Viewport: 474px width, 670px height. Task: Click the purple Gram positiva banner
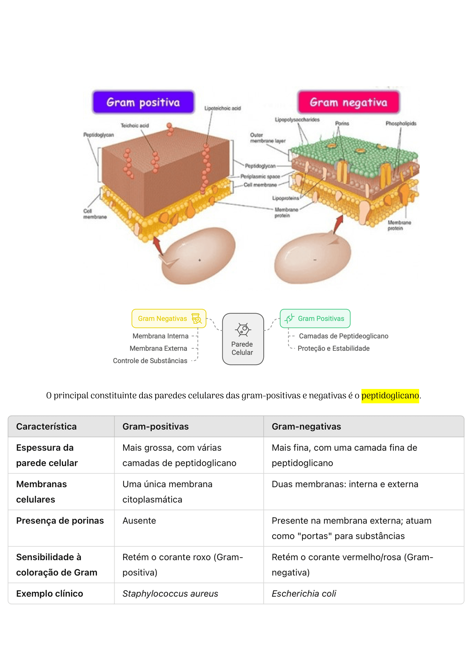click(x=143, y=102)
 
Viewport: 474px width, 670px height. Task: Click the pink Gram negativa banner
click(x=348, y=102)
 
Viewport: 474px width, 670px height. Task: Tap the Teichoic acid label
click(x=135, y=126)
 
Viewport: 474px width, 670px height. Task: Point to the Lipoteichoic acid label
click(x=222, y=108)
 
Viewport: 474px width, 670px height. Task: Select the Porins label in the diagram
click(x=342, y=123)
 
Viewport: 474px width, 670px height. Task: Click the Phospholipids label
click(x=401, y=123)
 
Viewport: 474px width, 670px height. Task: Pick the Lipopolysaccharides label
click(x=297, y=120)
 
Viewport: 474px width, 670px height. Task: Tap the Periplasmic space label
click(x=260, y=177)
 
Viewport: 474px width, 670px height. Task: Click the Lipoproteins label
click(x=285, y=198)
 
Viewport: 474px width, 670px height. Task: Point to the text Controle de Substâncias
click(x=150, y=361)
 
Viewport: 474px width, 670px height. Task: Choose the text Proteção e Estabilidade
click(x=334, y=348)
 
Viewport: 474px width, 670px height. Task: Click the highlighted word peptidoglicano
click(x=390, y=396)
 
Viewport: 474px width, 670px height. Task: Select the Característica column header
click(x=46, y=427)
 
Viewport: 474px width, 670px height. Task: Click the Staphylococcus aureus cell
click(x=170, y=594)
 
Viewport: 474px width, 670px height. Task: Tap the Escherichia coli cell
click(x=304, y=594)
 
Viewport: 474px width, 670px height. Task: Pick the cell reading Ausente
click(x=139, y=521)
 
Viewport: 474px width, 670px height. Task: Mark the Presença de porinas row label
click(x=60, y=521)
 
